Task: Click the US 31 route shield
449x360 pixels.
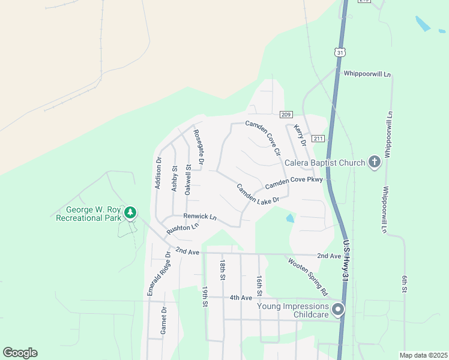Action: click(x=340, y=53)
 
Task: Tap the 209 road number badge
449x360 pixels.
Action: click(x=286, y=115)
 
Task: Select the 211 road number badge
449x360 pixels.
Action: click(x=318, y=139)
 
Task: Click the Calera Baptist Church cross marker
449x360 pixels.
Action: click(x=375, y=162)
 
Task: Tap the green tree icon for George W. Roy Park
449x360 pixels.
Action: click(x=130, y=212)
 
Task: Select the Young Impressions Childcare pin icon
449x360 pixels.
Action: click(x=338, y=310)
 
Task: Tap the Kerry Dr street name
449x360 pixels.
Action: click(x=300, y=135)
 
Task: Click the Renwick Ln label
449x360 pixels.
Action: click(x=200, y=216)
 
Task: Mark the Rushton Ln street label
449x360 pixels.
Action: click(x=183, y=229)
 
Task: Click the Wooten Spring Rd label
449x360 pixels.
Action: click(x=307, y=277)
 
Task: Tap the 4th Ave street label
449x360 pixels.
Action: click(x=241, y=298)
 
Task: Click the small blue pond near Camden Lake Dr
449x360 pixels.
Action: click(x=291, y=218)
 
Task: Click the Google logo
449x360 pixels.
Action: click(x=20, y=353)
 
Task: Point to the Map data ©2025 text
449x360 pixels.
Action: click(x=423, y=355)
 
